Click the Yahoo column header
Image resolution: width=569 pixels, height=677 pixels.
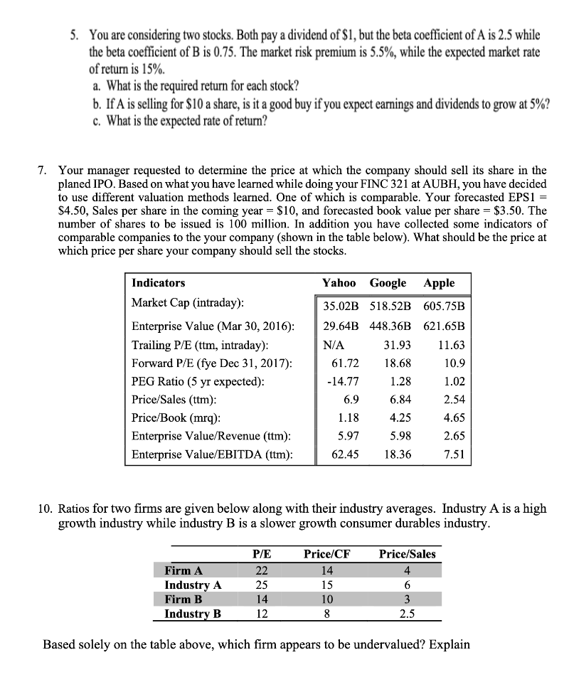339,282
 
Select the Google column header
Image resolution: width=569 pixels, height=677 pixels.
388,282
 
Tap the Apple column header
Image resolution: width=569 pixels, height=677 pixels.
439,282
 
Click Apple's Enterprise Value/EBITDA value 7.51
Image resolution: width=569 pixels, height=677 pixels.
453,454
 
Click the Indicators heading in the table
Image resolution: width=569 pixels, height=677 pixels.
158,282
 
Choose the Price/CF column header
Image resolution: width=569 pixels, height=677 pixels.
326,554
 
